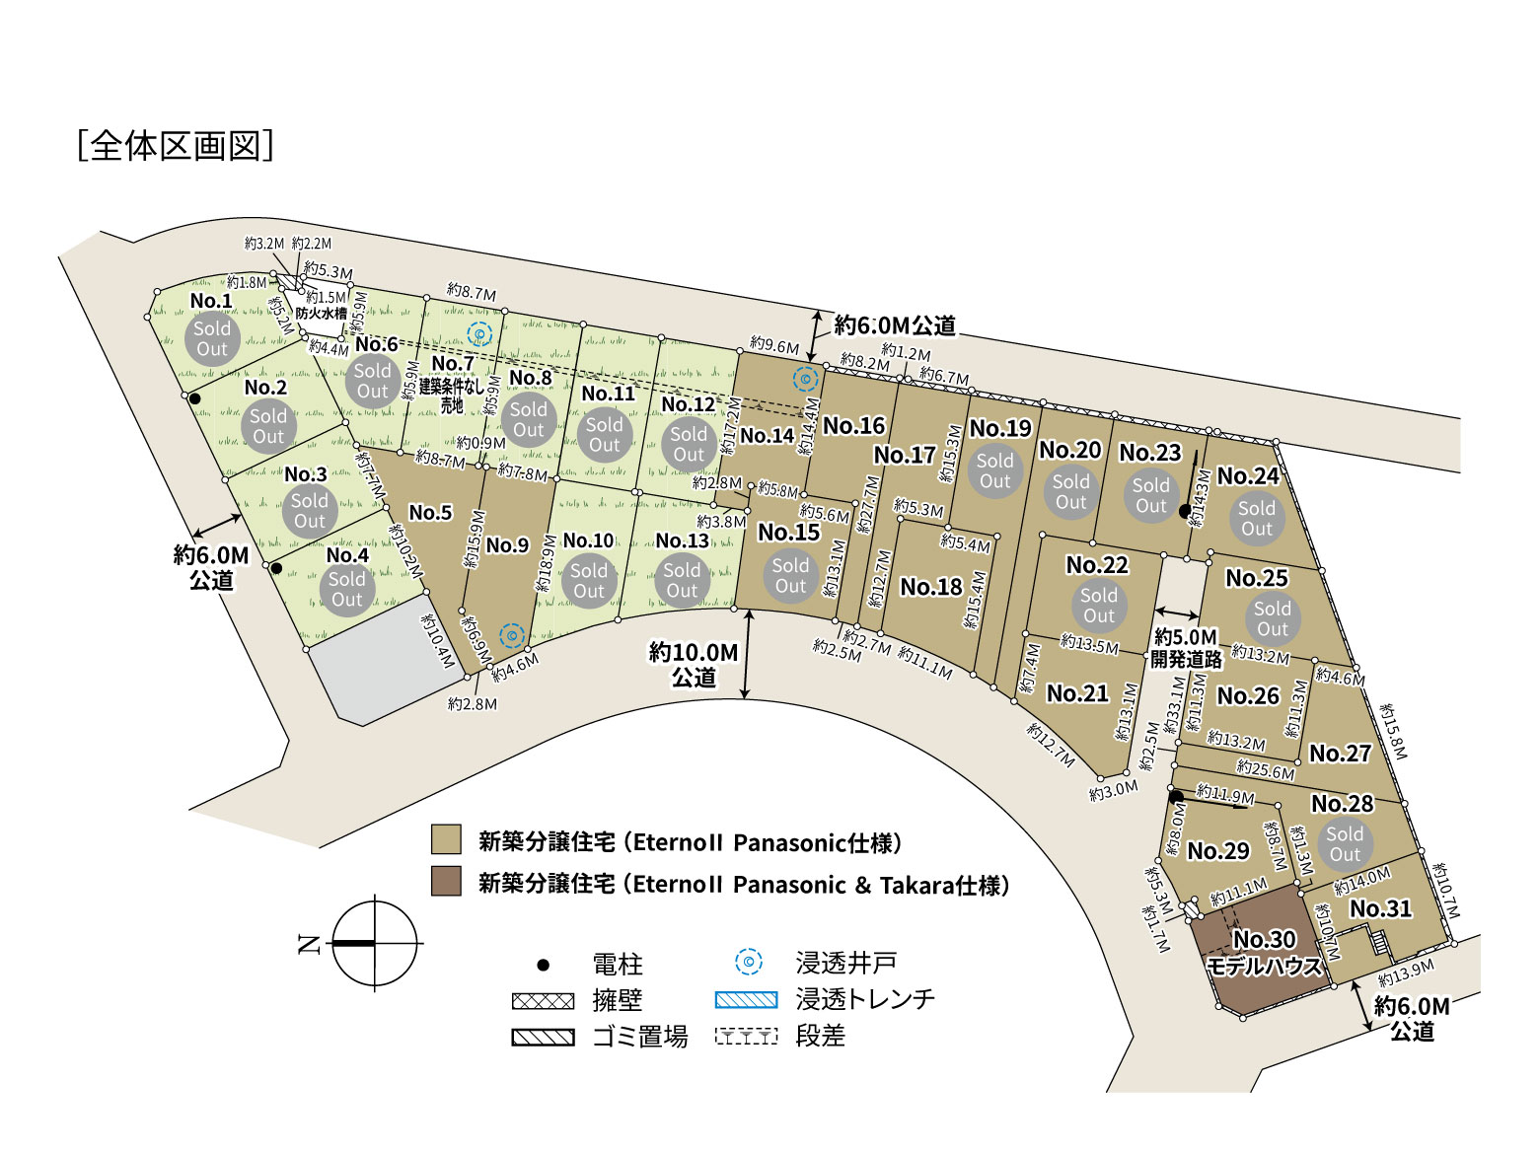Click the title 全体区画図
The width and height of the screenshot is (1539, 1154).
pyautogui.click(x=176, y=145)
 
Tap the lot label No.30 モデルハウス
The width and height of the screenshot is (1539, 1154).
pyautogui.click(x=1265, y=953)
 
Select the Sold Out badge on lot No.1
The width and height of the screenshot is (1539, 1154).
pyautogui.click(x=212, y=338)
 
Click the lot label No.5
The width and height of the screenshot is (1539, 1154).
pyautogui.click(x=430, y=513)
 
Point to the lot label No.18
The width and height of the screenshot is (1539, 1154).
pyautogui.click(x=930, y=587)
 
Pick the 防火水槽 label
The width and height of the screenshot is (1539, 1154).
pyautogui.click(x=322, y=314)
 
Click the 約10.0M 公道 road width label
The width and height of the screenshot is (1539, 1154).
pyautogui.click(x=694, y=665)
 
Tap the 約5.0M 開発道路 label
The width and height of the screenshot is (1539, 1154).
pyautogui.click(x=1186, y=648)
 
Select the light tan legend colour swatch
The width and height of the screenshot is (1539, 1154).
pyautogui.click(x=446, y=840)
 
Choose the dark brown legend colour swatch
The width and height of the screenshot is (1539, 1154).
pyautogui.click(x=446, y=882)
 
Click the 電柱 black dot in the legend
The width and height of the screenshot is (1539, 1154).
pyautogui.click(x=543, y=965)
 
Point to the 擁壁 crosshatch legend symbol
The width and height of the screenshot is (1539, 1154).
pyautogui.click(x=543, y=1001)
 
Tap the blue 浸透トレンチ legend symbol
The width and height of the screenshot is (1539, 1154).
pyautogui.click(x=746, y=1000)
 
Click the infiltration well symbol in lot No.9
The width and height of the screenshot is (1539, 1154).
pyautogui.click(x=512, y=636)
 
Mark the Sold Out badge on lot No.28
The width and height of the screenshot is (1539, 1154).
pyautogui.click(x=1344, y=844)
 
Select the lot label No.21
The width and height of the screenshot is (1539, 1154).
pyautogui.click(x=1077, y=693)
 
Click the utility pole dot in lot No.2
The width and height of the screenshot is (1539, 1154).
pyautogui.click(x=195, y=398)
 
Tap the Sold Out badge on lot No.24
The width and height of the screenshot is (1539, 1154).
pyautogui.click(x=1256, y=519)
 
